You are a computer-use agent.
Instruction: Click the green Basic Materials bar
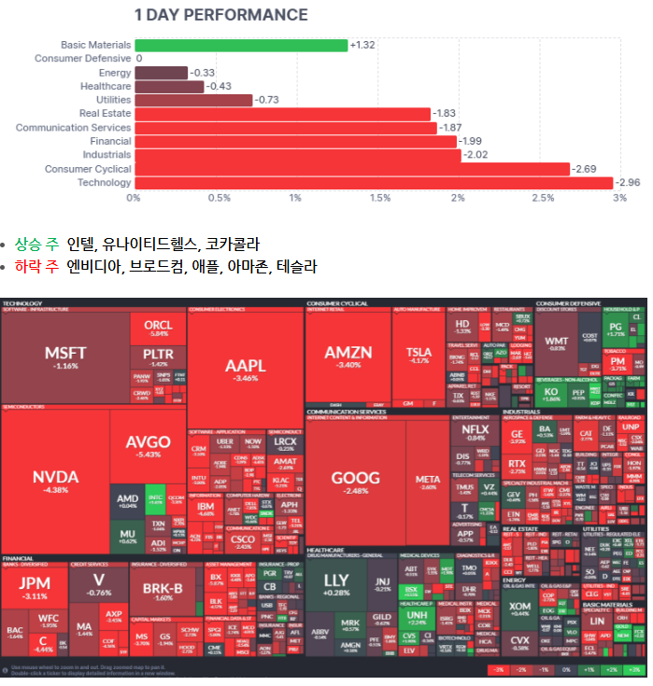[x=241, y=45]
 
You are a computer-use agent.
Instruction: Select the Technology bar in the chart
[x=374, y=183]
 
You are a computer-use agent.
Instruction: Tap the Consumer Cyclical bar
[x=352, y=169]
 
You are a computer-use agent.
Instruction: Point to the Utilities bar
[x=193, y=100]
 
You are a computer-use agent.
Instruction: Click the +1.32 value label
[x=362, y=45]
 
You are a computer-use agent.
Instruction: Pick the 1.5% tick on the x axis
[x=380, y=198]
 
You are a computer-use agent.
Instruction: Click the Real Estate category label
[x=105, y=113]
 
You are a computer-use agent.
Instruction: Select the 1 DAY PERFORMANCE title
[x=220, y=15]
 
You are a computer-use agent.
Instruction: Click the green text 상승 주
[x=35, y=245]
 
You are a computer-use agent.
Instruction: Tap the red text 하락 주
[x=35, y=267]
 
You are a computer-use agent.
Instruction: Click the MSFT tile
[x=65, y=357]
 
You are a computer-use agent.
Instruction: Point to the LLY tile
[x=335, y=584]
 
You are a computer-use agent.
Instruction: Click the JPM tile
[x=35, y=588]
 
